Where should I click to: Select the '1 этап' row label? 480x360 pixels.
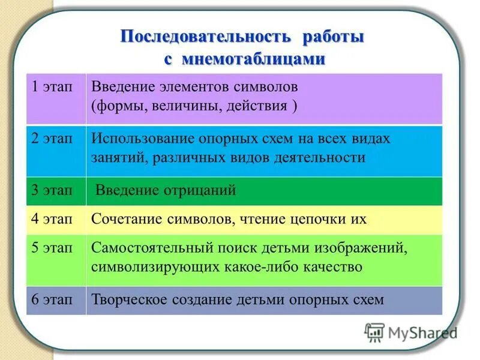(x=52, y=87)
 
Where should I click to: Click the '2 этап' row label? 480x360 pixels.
(x=52, y=139)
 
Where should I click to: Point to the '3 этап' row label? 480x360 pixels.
(x=52, y=191)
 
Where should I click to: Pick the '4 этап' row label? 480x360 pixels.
(x=52, y=219)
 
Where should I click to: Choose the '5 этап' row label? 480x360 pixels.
(x=52, y=247)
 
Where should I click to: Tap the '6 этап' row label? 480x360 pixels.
(x=52, y=299)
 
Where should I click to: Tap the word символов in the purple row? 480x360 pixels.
(x=268, y=87)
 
